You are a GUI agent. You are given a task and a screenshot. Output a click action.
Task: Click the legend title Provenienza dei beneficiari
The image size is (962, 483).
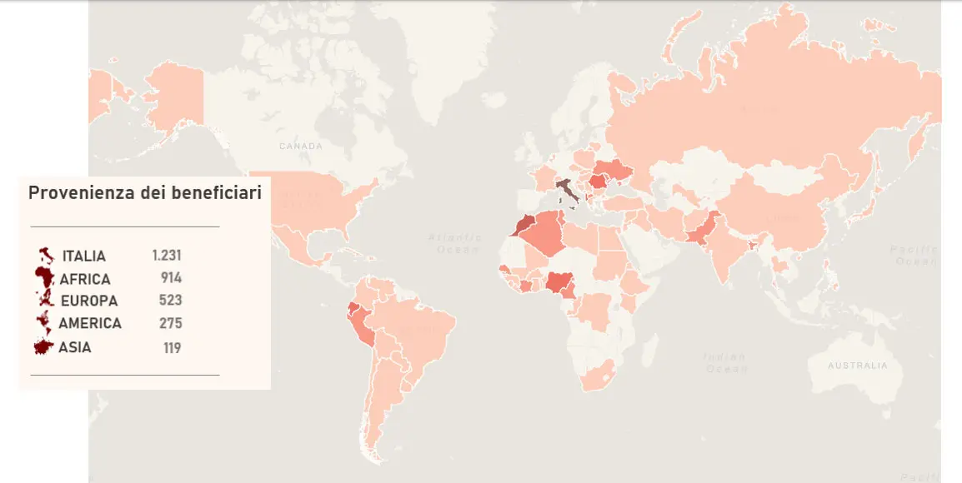[x=145, y=193]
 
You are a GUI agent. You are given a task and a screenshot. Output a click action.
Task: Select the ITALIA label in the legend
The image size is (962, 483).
[x=84, y=256]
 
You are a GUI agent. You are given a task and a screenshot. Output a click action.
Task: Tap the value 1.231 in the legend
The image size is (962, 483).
[x=167, y=256]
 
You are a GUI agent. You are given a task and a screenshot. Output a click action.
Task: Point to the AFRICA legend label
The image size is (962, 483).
[x=85, y=279]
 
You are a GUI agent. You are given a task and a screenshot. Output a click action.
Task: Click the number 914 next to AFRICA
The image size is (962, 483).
[x=172, y=278]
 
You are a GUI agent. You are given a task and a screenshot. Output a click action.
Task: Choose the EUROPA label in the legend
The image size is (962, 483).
[x=89, y=301]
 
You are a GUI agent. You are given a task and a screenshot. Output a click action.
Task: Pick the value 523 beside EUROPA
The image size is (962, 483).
[x=170, y=300]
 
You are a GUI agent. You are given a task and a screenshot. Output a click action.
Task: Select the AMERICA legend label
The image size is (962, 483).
[x=90, y=323]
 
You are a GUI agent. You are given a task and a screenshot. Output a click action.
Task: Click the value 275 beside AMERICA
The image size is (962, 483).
[x=170, y=323]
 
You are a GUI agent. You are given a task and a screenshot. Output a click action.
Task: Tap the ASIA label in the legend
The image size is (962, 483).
[x=75, y=347]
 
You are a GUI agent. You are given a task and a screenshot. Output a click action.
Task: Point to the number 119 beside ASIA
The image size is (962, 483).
[x=172, y=347]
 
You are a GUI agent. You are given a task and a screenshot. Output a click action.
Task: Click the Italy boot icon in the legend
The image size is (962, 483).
[x=46, y=255]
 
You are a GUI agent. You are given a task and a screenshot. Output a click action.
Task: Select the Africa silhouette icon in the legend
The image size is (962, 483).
[x=44, y=277]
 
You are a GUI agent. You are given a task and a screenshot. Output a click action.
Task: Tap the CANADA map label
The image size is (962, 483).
[x=300, y=147]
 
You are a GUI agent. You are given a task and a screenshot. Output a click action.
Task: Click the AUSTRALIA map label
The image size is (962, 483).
[x=858, y=366]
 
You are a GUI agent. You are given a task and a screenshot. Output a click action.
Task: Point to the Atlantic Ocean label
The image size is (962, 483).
[x=454, y=243]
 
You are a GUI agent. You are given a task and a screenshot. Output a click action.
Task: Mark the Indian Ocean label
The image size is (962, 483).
[x=724, y=363]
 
